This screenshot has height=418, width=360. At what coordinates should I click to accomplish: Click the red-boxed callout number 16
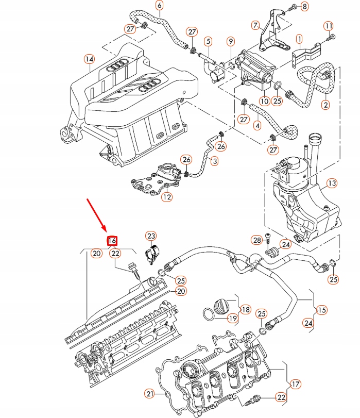click(x=112, y=240)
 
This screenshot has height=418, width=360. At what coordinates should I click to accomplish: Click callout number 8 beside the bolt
click(x=304, y=6)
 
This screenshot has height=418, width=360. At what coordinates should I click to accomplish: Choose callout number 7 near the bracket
click(x=255, y=24)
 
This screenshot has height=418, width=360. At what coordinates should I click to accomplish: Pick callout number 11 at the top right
click(x=329, y=25)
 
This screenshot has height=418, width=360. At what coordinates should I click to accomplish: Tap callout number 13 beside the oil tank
click(x=332, y=183)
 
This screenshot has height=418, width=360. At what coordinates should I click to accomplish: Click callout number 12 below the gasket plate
click(x=166, y=196)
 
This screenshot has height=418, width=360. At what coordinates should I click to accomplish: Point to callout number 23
click(x=150, y=236)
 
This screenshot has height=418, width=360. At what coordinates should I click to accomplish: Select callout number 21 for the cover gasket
click(x=149, y=394)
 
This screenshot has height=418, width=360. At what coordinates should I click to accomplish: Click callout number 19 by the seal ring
click(x=233, y=319)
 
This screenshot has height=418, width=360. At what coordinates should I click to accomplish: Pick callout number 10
click(x=264, y=102)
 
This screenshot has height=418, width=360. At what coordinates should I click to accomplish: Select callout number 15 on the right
click(x=322, y=310)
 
